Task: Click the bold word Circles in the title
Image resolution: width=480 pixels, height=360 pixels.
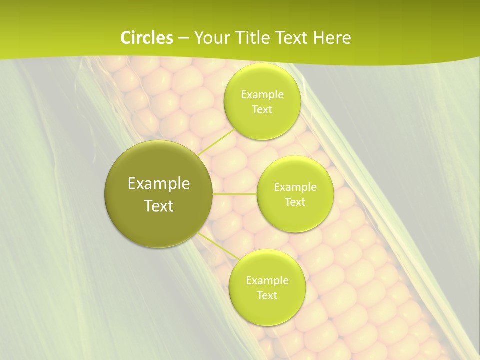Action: [146, 38]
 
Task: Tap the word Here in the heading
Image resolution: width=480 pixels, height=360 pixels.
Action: [332, 38]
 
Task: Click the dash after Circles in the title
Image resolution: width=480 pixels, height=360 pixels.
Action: [183, 38]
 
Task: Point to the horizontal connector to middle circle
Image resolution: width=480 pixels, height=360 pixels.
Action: [235, 193]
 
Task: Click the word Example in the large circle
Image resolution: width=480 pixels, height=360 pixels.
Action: [159, 184]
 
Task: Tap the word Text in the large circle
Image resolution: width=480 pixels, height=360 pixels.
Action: [159, 206]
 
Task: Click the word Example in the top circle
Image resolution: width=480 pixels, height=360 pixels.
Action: [262, 95]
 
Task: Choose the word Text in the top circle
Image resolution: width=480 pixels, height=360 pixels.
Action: [262, 110]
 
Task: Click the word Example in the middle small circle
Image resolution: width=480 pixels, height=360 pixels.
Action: [295, 187]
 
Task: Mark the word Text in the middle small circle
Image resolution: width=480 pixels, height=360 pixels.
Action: [295, 202]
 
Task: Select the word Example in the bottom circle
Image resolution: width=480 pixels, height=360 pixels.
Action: [267, 281]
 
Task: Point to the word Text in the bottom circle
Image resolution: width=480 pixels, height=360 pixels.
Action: [267, 296]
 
